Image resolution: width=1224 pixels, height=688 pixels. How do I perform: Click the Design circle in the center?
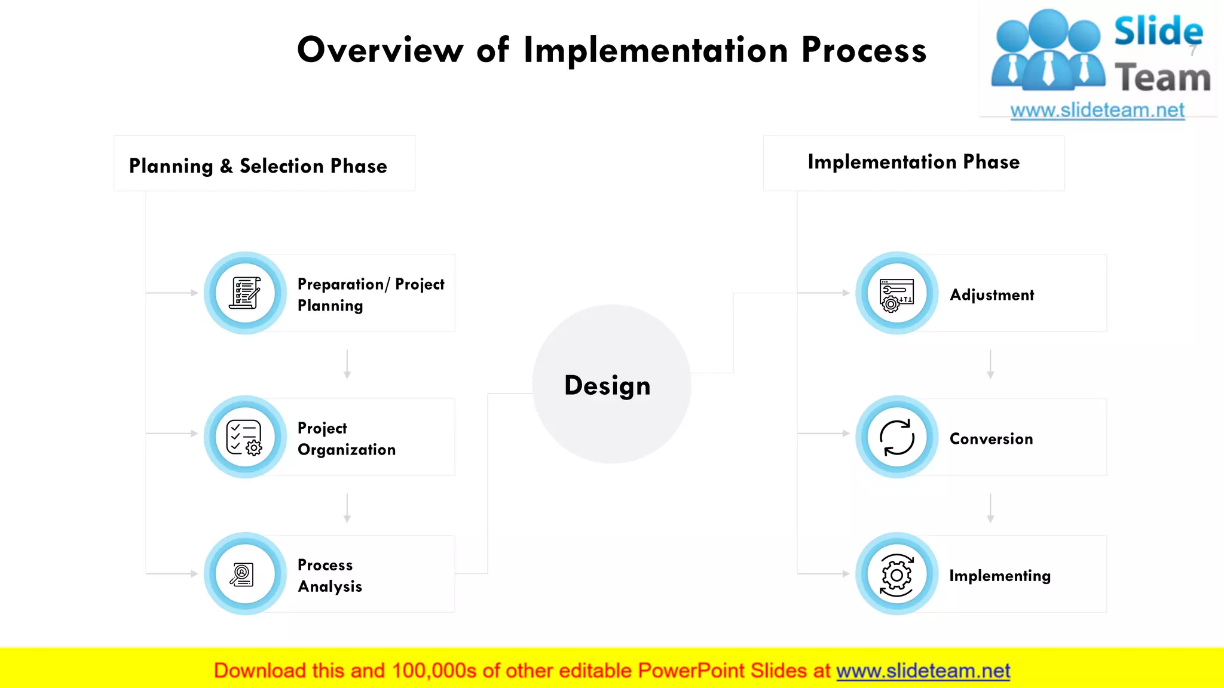tap(611, 385)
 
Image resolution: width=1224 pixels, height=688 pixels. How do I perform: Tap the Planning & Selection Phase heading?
tap(258, 165)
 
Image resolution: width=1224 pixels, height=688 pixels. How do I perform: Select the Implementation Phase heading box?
tap(913, 162)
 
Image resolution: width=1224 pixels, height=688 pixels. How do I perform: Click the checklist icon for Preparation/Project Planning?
tap(245, 293)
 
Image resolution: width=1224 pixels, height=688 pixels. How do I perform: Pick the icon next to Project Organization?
tap(245, 437)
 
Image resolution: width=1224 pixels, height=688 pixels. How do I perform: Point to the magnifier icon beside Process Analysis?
tap(243, 574)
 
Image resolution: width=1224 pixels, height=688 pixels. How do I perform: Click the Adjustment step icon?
tap(896, 294)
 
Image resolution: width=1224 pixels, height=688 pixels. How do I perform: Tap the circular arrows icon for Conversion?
tap(896, 437)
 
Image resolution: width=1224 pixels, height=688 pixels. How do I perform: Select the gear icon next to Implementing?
tap(896, 575)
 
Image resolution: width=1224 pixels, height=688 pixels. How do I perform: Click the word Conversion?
tap(991, 439)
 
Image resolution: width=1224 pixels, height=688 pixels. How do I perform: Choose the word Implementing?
tap(999, 576)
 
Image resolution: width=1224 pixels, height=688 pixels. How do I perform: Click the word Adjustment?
tap(992, 295)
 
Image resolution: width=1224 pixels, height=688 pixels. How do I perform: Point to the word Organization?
tap(347, 450)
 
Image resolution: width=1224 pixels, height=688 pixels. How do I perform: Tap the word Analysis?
tap(330, 586)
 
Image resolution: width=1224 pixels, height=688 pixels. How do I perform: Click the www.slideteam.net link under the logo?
tap(1097, 110)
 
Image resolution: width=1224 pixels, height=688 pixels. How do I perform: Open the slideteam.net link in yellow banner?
tap(923, 671)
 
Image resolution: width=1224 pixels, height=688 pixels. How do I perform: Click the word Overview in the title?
tap(380, 50)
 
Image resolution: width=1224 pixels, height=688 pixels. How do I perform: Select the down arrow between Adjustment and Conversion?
tap(990, 365)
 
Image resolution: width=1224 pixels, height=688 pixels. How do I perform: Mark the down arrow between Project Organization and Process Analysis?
tap(347, 508)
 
